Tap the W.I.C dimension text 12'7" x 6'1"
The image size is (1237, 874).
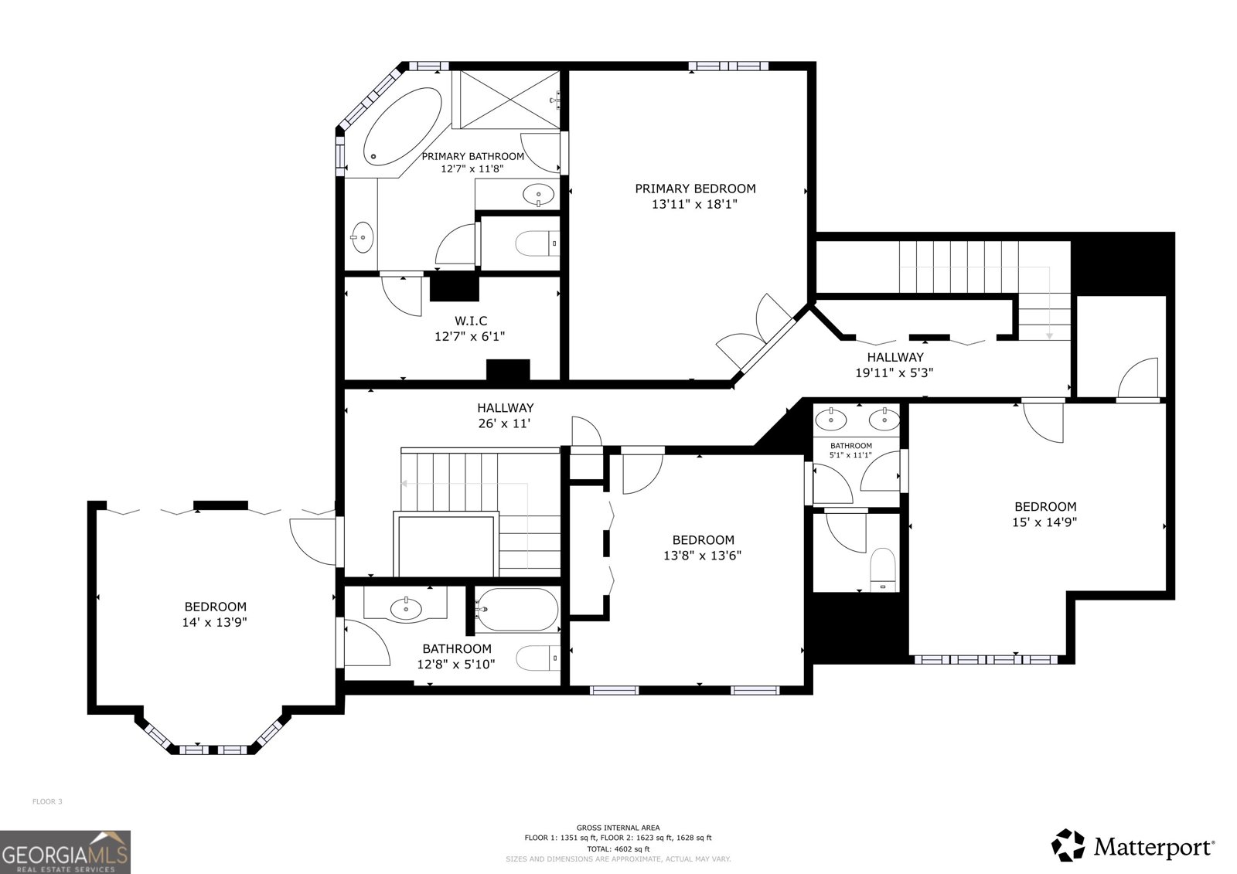click(x=470, y=336)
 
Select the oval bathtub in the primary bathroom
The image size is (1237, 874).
click(x=403, y=127)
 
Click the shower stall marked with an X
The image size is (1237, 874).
click(x=506, y=100)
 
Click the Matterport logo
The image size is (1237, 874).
click(x=1133, y=846)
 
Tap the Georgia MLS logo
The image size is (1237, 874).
click(x=65, y=852)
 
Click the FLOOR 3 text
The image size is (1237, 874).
click(x=47, y=801)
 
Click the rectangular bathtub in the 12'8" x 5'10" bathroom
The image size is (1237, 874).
click(x=517, y=610)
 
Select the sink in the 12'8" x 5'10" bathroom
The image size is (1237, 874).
click(x=406, y=609)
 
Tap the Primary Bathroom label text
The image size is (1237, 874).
click(x=472, y=156)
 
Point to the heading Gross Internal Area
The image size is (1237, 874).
click(x=618, y=828)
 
